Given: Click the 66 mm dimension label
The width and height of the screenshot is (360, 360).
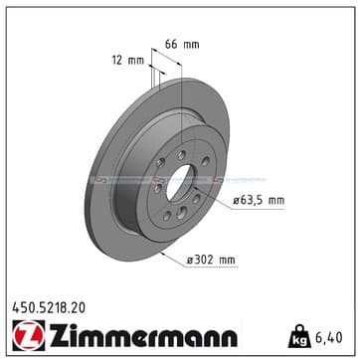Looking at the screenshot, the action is tap(182, 44).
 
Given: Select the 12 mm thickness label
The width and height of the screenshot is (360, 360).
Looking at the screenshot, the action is tap(128, 61).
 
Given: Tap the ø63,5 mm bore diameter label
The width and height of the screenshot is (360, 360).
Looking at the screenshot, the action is tap(259, 201).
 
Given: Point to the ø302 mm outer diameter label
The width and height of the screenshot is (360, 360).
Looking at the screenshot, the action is tap(211, 261).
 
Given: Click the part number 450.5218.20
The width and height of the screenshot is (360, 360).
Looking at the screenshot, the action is tap(49, 308).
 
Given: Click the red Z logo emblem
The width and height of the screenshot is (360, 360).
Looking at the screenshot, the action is tap(29, 335).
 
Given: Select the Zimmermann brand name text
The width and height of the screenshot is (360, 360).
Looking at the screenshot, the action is tap(143, 335).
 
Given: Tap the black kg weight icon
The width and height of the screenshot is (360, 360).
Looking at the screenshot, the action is tap(299, 336).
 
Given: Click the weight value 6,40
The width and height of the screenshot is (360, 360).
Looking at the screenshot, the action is tap(329, 337).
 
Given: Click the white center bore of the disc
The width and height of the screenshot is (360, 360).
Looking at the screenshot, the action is tap(180, 182).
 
